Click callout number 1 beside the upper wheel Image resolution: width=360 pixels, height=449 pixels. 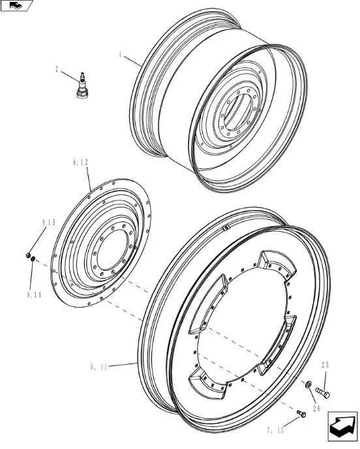click(x=121, y=55)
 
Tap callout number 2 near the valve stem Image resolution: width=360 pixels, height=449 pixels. click(x=57, y=69)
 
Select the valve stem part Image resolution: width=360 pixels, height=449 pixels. click(x=83, y=86)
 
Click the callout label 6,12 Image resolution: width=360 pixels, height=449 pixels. click(x=80, y=163)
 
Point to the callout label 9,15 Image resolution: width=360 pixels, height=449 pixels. click(x=48, y=223)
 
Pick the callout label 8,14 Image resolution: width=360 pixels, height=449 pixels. click(x=34, y=295)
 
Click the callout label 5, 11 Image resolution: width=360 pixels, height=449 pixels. click(x=98, y=367)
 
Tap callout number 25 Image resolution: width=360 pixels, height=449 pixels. click(x=325, y=365)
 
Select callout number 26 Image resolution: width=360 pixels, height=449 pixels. click(x=316, y=409)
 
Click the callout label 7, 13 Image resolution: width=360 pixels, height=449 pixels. click(x=275, y=430)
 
